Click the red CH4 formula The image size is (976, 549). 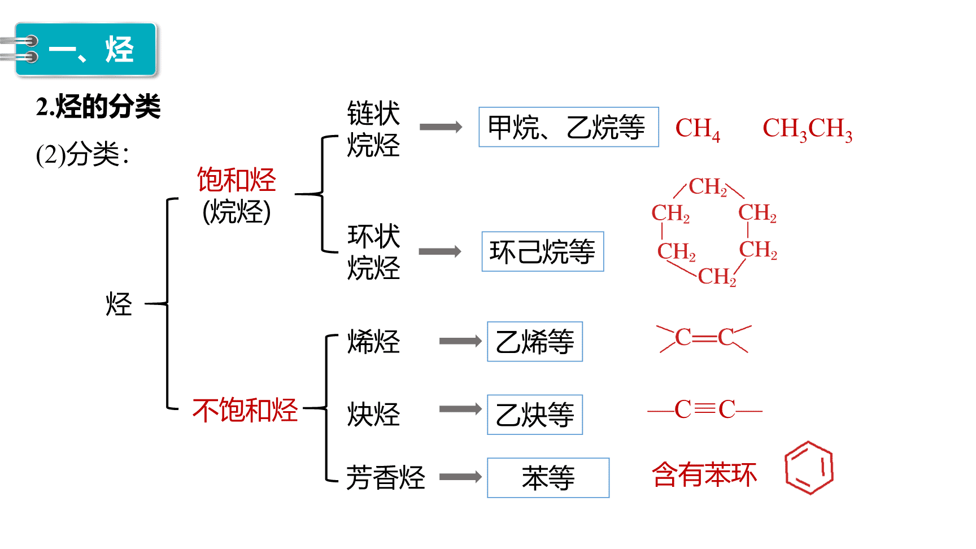[698, 129]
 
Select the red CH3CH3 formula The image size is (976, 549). [807, 129]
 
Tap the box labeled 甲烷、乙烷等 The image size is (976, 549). [569, 127]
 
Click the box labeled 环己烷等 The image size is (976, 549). [543, 251]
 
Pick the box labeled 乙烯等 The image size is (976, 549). [535, 342]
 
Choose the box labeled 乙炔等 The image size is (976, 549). [535, 415]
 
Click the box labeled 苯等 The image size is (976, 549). [548, 478]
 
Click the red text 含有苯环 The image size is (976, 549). [704, 474]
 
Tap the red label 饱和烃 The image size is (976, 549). [236, 180]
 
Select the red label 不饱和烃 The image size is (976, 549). [245, 409]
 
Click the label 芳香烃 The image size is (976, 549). [386, 478]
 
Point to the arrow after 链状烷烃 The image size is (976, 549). [441, 127]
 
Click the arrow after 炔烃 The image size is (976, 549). [461, 409]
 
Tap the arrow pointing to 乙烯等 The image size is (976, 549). [461, 341]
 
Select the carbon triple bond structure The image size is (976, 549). [705, 409]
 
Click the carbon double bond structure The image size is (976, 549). [704, 338]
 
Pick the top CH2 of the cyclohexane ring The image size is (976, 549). [708, 187]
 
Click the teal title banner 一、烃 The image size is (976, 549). [86, 49]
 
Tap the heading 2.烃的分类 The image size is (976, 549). [98, 106]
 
